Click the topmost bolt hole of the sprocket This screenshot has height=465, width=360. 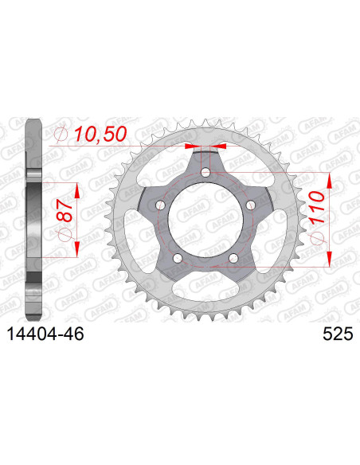(x=205, y=173)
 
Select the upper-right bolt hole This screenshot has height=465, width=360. (x=251, y=205)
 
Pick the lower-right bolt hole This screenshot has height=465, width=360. (x=233, y=258)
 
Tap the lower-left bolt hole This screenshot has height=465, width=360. (x=178, y=258)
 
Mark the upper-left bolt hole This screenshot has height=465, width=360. (x=160, y=205)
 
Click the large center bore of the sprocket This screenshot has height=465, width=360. (x=205, y=221)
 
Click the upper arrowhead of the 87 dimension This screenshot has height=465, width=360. (x=77, y=190)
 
